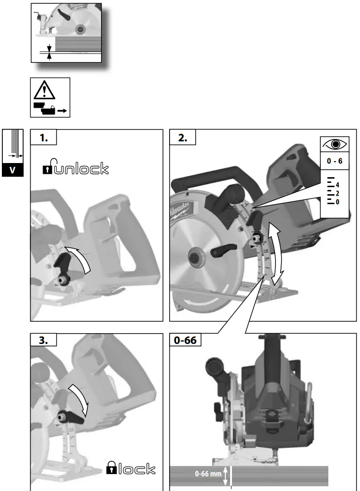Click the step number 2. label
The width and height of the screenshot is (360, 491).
[182, 138]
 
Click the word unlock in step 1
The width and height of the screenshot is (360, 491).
[81, 168]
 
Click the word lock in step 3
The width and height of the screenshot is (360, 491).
[137, 469]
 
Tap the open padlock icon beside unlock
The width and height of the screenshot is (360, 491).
[47, 168]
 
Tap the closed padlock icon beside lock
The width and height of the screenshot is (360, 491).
[112, 468]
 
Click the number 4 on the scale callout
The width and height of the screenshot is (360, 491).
[337, 185]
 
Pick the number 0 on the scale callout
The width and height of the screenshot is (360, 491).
[337, 202]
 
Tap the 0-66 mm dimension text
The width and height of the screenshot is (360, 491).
[208, 474]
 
